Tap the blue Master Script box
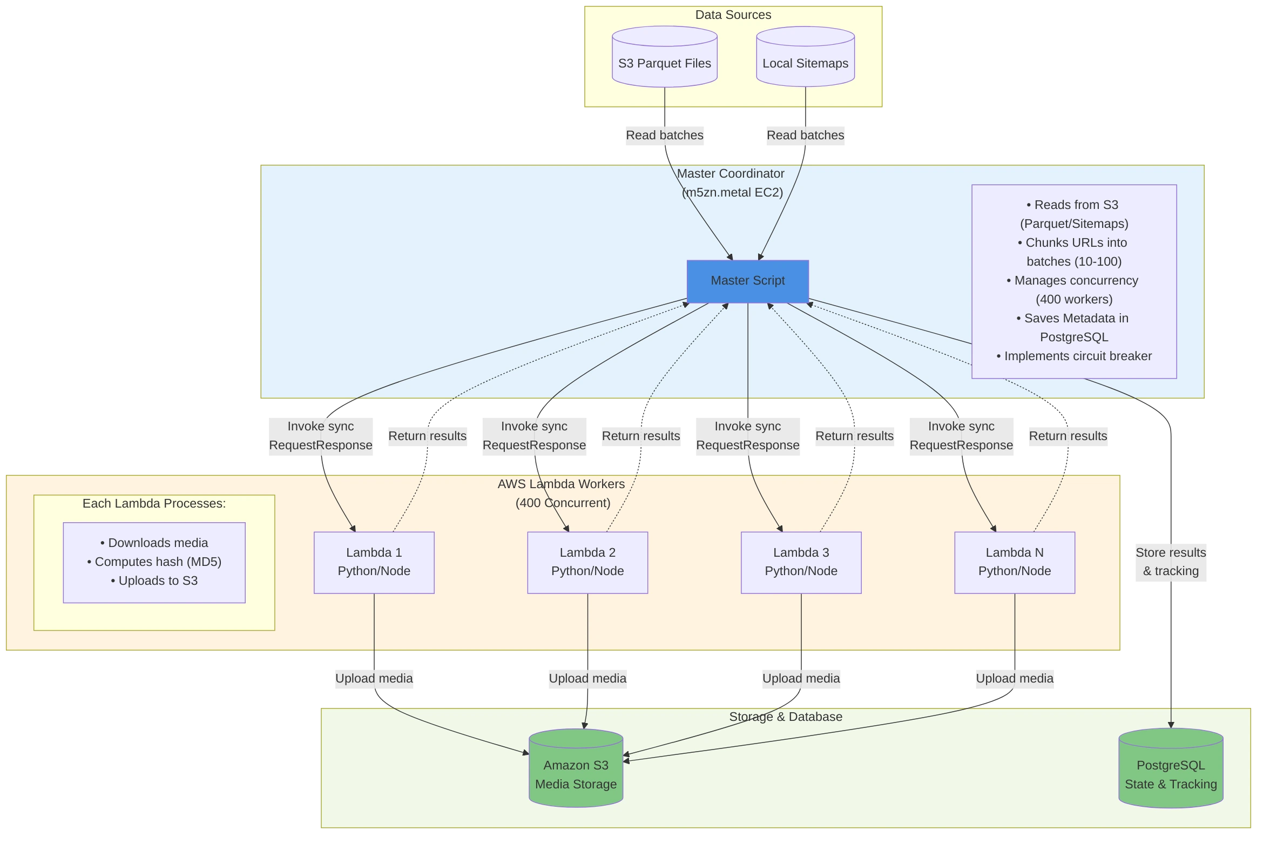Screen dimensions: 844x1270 (x=747, y=281)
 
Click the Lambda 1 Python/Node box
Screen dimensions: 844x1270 (x=374, y=562)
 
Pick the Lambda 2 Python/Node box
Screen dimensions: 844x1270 (x=587, y=562)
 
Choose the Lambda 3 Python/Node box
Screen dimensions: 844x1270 (x=801, y=562)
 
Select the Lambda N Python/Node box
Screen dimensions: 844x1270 (x=1014, y=562)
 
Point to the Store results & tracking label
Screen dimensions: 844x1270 (x=1170, y=562)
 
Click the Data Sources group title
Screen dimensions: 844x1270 (x=733, y=15)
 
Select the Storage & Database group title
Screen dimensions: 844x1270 (x=785, y=717)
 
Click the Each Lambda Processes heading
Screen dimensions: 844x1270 (x=154, y=503)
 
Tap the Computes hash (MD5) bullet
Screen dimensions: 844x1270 (x=154, y=562)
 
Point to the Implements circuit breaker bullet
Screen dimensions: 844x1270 (x=1073, y=356)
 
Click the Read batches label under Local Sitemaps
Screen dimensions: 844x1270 (x=805, y=135)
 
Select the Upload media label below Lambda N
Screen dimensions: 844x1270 (x=1014, y=678)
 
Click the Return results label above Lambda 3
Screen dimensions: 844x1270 (x=854, y=436)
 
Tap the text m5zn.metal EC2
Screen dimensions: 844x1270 (x=732, y=192)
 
